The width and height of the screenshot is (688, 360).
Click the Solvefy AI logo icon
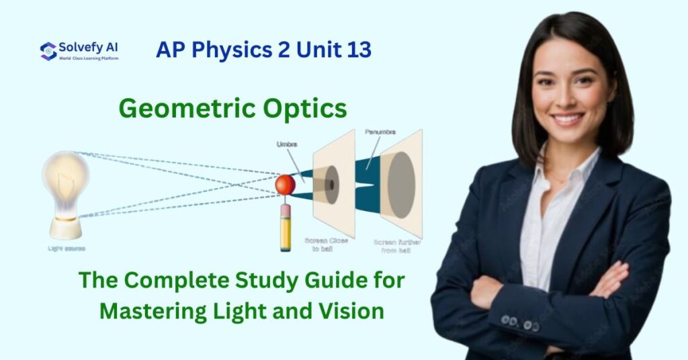tap(48, 51)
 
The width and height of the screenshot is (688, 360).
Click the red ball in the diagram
tap(285, 185)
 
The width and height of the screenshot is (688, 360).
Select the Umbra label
tap(287, 144)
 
